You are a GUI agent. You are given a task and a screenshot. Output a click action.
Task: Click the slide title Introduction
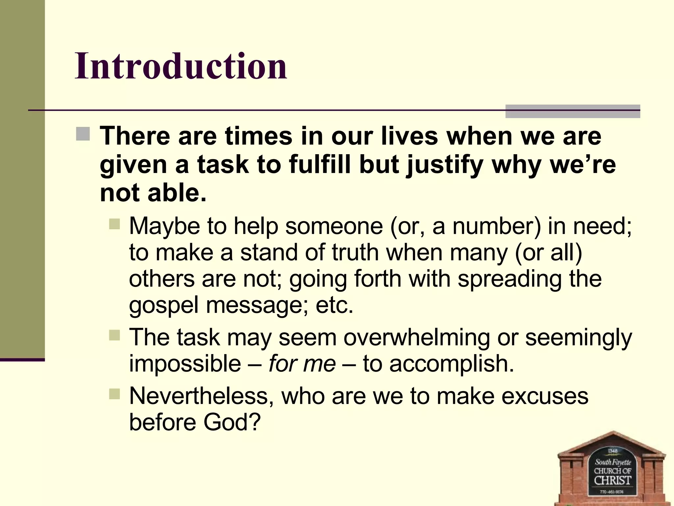pyautogui.click(x=181, y=66)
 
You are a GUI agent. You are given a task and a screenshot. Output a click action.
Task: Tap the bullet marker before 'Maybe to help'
pyautogui.click(x=115, y=224)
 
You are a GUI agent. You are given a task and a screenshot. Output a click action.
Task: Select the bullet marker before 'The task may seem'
pyautogui.click(x=115, y=336)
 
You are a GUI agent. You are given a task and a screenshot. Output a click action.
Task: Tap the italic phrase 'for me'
pyautogui.click(x=302, y=364)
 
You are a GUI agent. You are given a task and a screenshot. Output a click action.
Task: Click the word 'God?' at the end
pyautogui.click(x=232, y=423)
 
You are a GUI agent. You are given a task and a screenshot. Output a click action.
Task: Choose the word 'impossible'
pyautogui.click(x=185, y=364)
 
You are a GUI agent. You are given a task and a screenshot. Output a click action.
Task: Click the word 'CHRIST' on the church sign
pyautogui.click(x=612, y=480)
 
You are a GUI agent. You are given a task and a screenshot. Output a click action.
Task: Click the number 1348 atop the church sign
pyautogui.click(x=613, y=451)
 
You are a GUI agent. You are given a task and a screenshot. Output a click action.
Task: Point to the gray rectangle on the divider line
pyautogui.click(x=572, y=111)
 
